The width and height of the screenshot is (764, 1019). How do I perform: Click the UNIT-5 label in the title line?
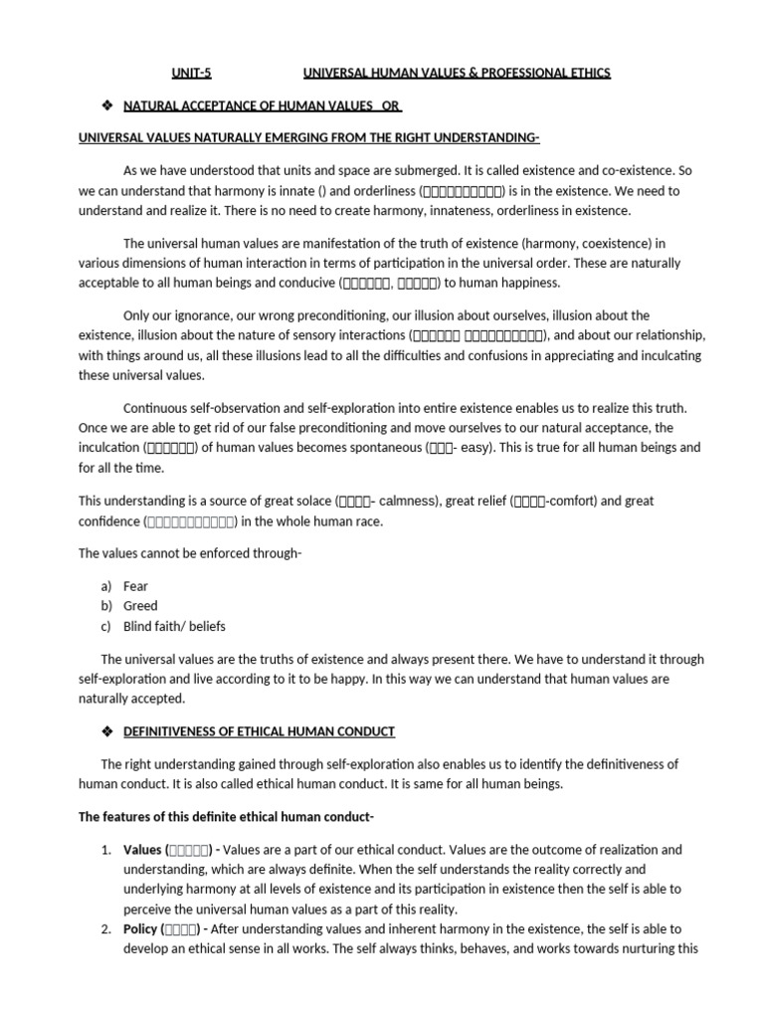coord(193,73)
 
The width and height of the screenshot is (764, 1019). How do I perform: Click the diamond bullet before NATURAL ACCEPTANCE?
coord(107,105)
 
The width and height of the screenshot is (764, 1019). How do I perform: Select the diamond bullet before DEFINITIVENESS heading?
coord(107,731)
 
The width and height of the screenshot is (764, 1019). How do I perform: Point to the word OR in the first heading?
coord(391,105)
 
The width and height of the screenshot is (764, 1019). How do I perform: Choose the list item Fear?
coord(136,586)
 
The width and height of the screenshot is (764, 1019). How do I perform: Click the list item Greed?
coord(140,606)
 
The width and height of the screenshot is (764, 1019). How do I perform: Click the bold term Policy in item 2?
coord(140,928)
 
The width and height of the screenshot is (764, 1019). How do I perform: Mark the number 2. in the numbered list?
coord(106,928)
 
